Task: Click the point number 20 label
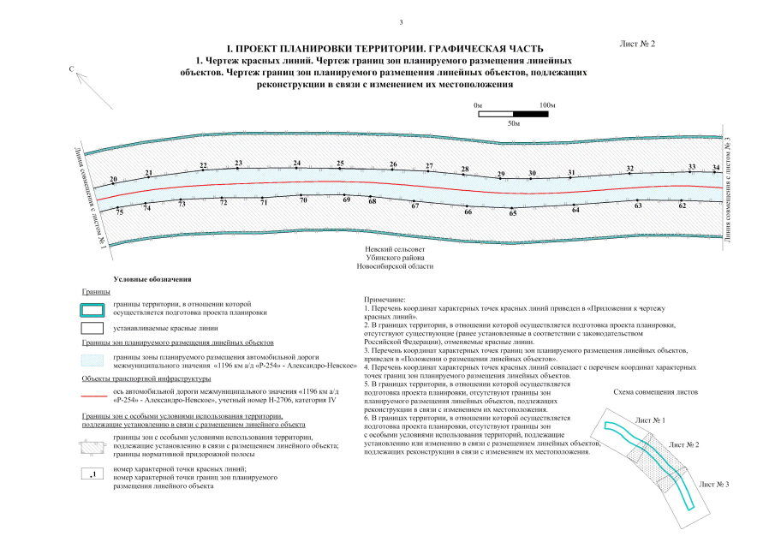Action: [113, 179]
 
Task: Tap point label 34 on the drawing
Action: [717, 167]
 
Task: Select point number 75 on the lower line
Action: [120, 211]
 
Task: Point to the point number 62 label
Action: [683, 205]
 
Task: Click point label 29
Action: [501, 175]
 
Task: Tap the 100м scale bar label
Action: [548, 104]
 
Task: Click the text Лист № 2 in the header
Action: [636, 43]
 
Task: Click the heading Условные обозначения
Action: [152, 280]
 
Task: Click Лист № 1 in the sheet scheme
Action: [651, 420]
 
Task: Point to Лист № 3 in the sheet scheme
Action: [714, 485]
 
